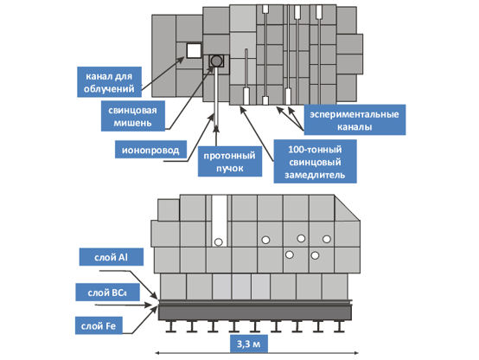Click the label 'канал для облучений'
(x=109, y=82)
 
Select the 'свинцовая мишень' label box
(x=133, y=116)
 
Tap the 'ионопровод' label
(x=150, y=150)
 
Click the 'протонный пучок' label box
(x=230, y=162)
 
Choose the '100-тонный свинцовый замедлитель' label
(x=315, y=162)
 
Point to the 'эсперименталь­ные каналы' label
(x=354, y=120)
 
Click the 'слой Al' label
(x=112, y=257)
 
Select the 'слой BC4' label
(x=107, y=292)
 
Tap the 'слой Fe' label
(x=99, y=325)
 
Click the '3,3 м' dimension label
(x=249, y=344)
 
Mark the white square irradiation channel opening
(x=194, y=50)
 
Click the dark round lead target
(x=216, y=61)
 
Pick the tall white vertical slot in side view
(x=220, y=221)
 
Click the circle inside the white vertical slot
(x=219, y=242)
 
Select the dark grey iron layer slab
(x=255, y=312)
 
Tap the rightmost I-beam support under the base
(x=339, y=326)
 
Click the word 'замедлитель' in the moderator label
(x=315, y=175)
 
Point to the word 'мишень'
(x=132, y=123)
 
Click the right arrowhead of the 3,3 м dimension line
(x=356, y=353)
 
